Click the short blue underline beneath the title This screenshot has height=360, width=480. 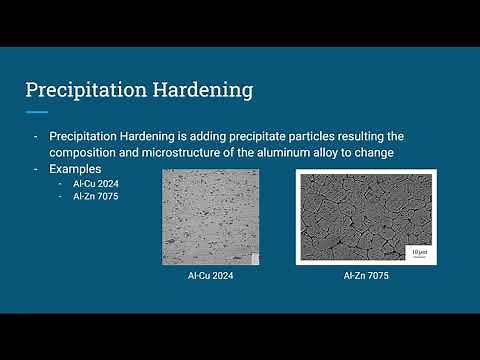click(36, 112)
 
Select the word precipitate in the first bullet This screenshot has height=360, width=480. click(263, 135)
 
